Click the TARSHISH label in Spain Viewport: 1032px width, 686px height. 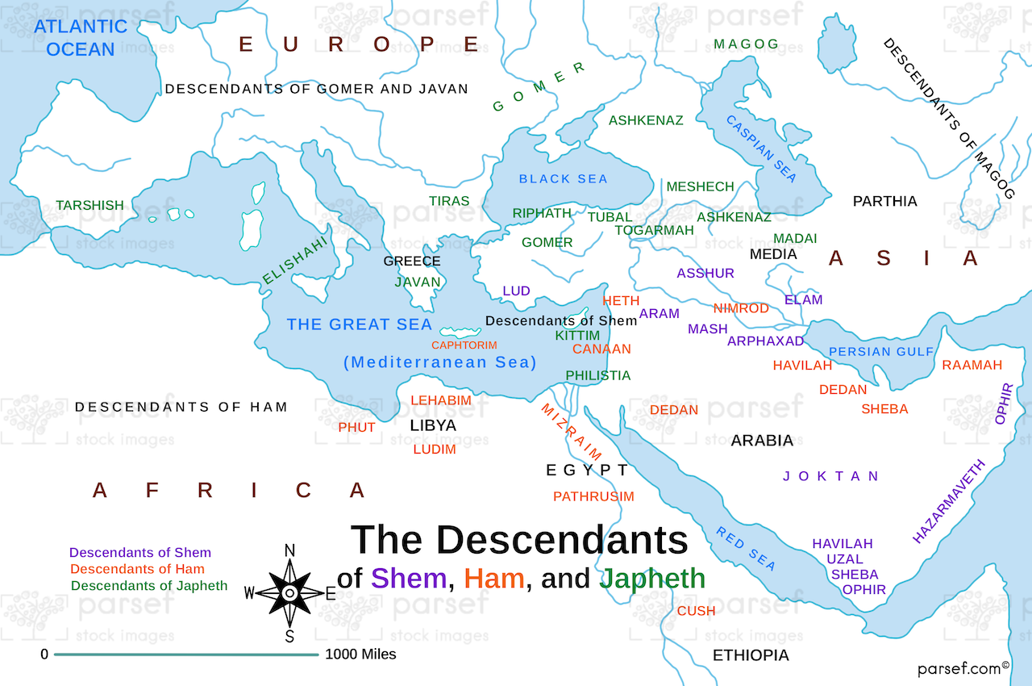[x=89, y=205]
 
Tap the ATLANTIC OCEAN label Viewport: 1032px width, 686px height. [x=81, y=37]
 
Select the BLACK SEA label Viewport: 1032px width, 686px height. [x=563, y=178]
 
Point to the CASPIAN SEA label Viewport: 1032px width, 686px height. [x=761, y=148]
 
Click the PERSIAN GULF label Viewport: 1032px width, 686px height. [x=880, y=352]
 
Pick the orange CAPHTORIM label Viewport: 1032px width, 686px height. [x=464, y=345]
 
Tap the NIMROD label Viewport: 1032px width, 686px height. [x=740, y=308]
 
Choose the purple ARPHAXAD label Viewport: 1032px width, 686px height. [x=765, y=341]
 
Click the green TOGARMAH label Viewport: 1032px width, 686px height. [x=654, y=230]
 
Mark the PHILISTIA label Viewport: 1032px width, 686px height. [x=597, y=375]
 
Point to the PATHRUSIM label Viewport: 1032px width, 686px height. [x=593, y=496]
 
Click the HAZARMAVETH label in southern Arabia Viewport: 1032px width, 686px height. [x=949, y=501]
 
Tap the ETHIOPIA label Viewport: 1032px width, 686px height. [x=751, y=655]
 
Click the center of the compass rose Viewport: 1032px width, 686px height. [x=289, y=593]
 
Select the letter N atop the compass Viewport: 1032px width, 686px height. [x=289, y=551]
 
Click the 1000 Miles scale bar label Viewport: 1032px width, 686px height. [x=360, y=655]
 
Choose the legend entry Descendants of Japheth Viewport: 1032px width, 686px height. [x=149, y=586]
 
